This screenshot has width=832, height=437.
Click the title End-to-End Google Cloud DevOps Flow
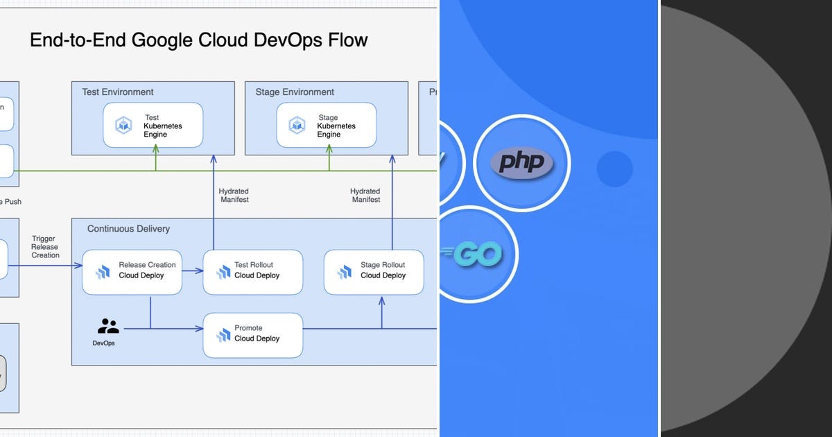(x=198, y=40)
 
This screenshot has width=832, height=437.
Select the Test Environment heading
(x=118, y=92)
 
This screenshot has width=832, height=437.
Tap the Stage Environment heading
(x=295, y=92)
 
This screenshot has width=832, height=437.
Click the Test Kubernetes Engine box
(x=153, y=126)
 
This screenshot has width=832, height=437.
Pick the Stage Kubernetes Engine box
(x=327, y=126)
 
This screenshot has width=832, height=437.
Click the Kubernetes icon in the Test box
(x=123, y=126)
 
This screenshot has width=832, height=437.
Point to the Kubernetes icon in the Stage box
(x=297, y=126)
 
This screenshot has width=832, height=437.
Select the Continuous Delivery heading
(x=128, y=228)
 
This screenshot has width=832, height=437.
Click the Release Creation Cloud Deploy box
(x=132, y=271)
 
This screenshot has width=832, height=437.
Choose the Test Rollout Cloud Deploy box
(x=253, y=271)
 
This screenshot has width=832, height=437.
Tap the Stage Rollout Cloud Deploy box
(x=374, y=271)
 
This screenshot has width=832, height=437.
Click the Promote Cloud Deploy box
(x=253, y=334)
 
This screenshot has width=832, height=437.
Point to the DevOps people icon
(x=108, y=326)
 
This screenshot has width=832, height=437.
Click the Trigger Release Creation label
(x=45, y=247)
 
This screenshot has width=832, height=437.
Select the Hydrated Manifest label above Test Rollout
(x=234, y=195)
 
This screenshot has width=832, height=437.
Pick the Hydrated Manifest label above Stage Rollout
(x=365, y=195)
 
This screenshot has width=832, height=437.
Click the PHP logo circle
(x=522, y=163)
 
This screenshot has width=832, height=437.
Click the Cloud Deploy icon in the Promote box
(x=223, y=335)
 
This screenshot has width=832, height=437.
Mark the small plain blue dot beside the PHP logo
(x=614, y=169)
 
